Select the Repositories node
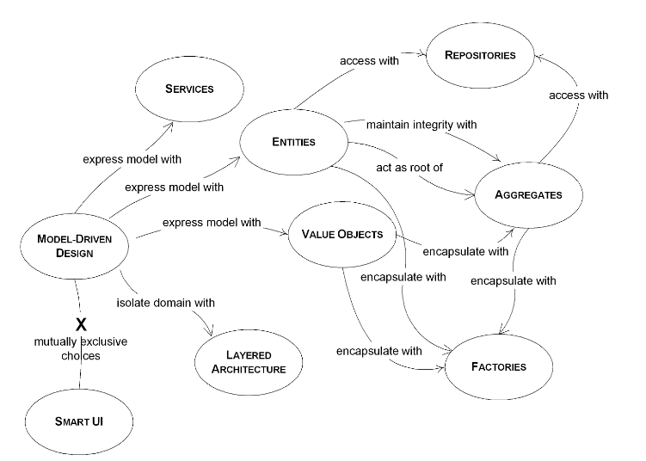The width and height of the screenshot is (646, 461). coord(480,56)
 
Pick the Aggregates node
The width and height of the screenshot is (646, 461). coord(528,194)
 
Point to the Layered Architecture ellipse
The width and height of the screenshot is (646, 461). coord(249,362)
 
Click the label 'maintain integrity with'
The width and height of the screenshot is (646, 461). coord(421,125)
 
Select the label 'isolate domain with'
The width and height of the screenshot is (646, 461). coord(166,303)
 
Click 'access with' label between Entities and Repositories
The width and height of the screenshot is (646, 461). coord(371,61)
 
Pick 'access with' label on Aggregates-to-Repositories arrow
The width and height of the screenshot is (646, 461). coord(579,95)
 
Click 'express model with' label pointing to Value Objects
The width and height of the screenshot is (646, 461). coord(211,223)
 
